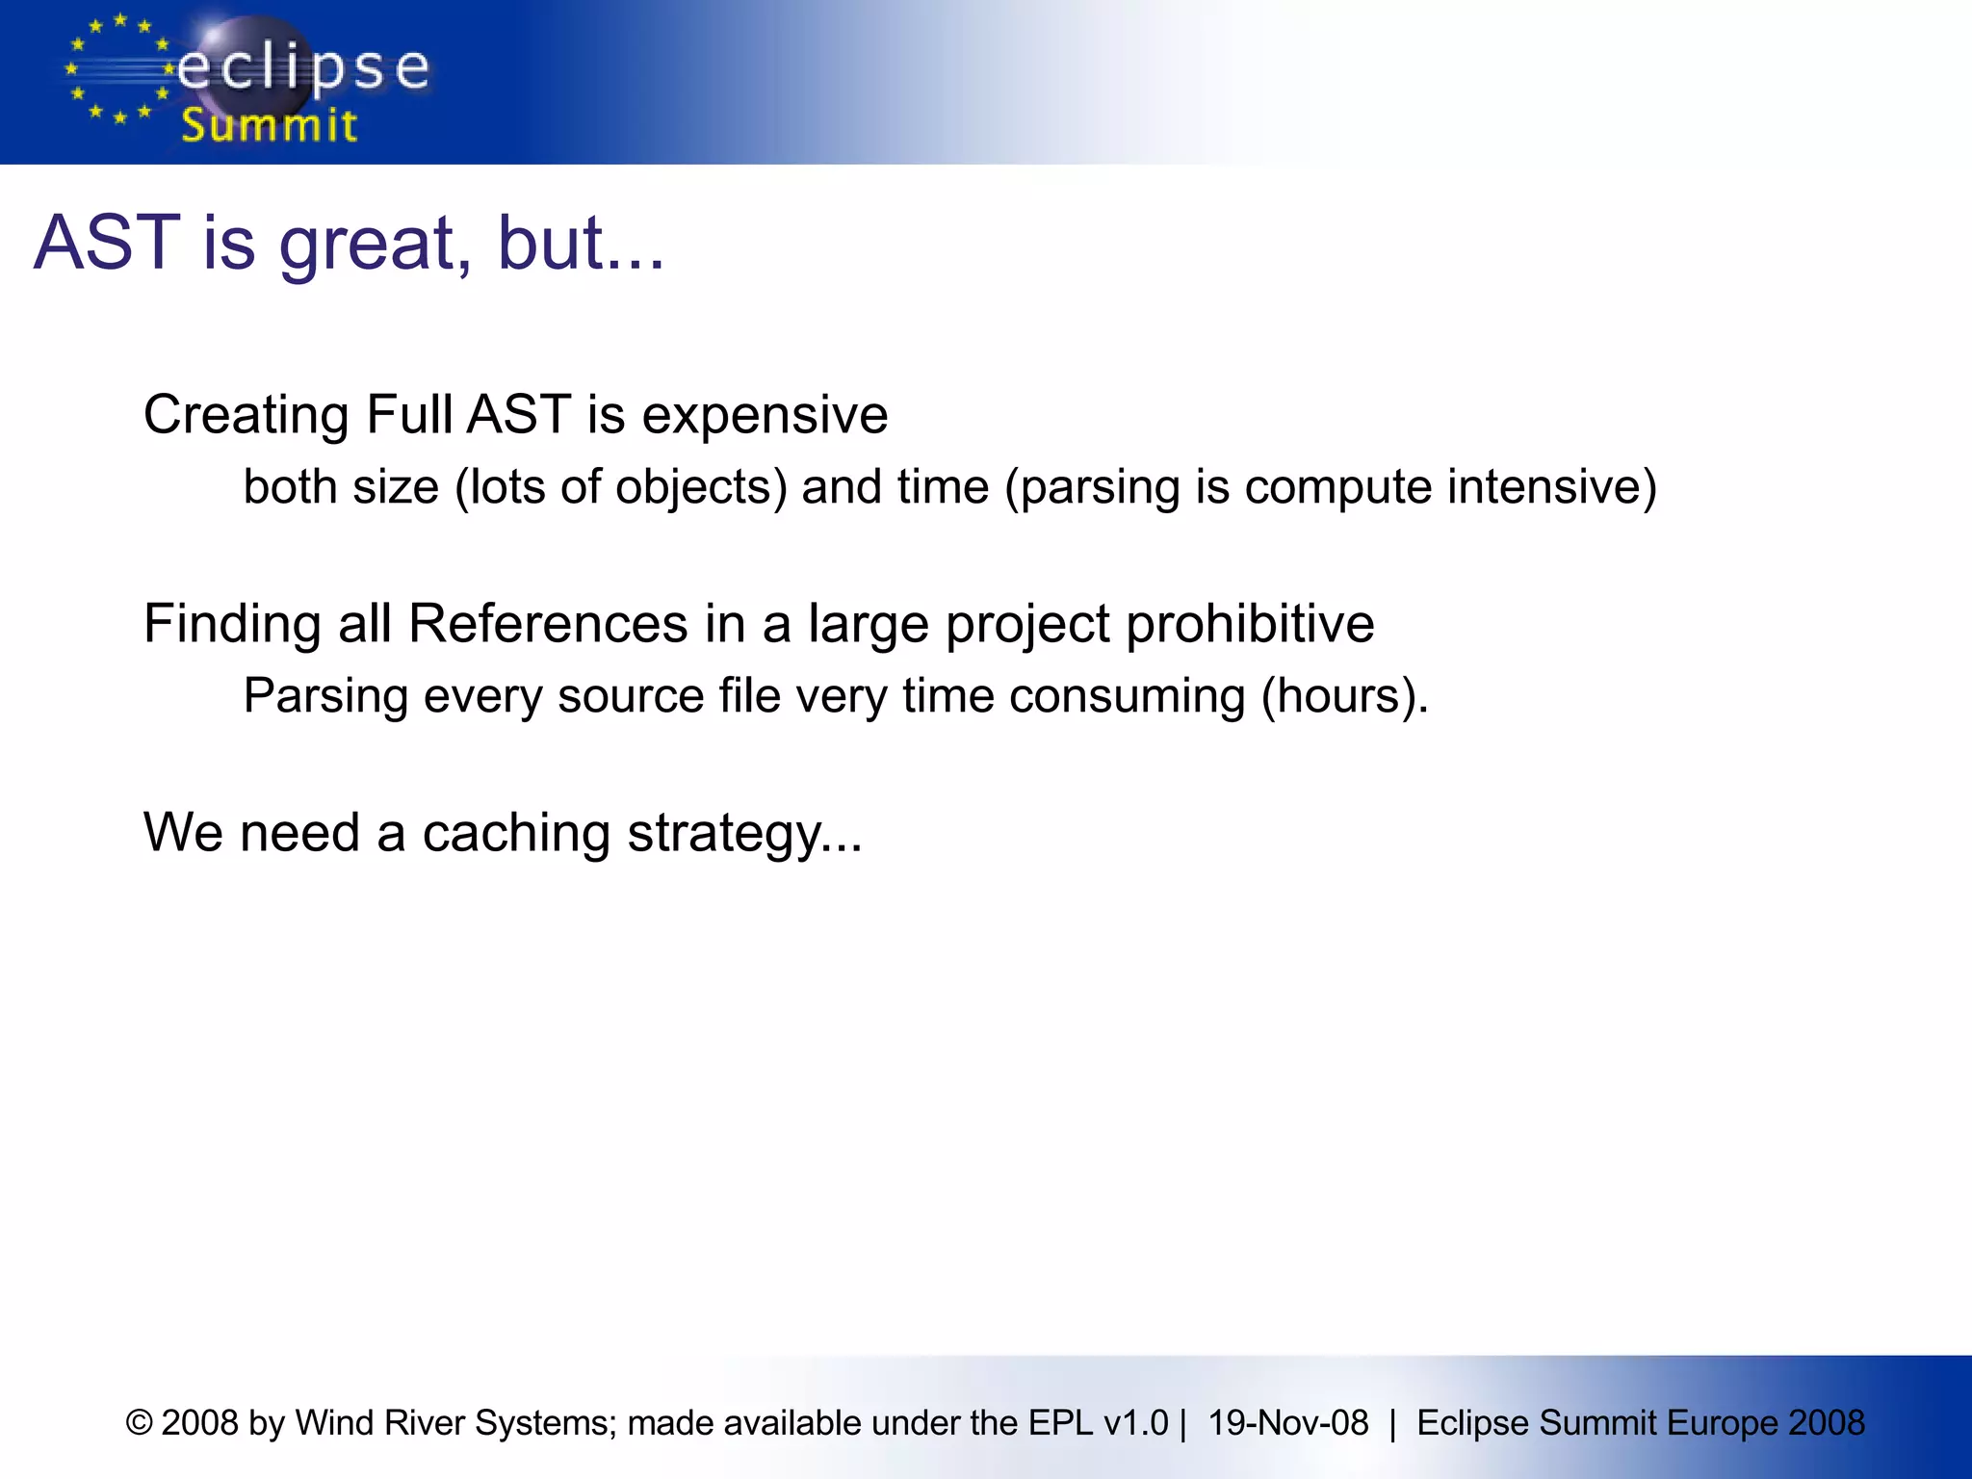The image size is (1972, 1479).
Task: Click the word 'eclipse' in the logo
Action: click(x=303, y=69)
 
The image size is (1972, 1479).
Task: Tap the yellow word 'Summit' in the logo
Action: click(x=270, y=126)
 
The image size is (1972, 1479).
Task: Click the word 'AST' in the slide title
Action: click(x=107, y=243)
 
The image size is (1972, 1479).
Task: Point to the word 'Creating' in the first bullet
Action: click(x=246, y=415)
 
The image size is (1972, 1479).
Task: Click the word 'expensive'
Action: click(x=765, y=415)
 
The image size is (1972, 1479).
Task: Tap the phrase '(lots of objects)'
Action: click(x=621, y=486)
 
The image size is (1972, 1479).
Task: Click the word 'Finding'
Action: click(x=232, y=623)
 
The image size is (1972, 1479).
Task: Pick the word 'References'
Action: click(x=548, y=623)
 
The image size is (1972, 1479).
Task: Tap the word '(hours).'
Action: click(x=1344, y=695)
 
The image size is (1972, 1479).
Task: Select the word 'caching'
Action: click(x=516, y=833)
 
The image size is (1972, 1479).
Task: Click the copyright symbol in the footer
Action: click(x=140, y=1423)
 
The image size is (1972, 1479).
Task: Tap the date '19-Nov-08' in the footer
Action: click(x=1287, y=1423)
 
